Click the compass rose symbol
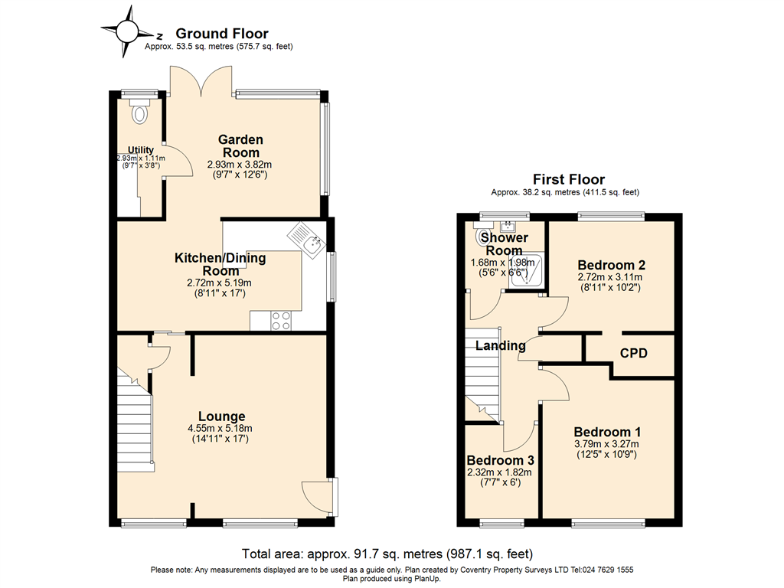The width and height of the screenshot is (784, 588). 128,31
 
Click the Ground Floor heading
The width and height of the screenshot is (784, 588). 222,34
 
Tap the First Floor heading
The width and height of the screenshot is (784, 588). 569,179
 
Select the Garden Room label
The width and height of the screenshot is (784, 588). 240,146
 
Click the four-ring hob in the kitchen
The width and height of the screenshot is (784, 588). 281,321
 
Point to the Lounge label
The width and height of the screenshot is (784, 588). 221,416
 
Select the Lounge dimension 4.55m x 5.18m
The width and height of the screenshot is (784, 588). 220,429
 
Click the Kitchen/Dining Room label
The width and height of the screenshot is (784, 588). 220,264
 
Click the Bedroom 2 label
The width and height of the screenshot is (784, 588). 612,265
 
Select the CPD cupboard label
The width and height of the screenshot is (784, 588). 633,354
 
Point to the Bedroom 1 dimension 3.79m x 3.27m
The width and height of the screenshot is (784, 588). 606,444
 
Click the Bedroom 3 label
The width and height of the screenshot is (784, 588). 501,460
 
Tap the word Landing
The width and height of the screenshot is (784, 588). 500,345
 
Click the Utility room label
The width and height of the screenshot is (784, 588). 141,150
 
